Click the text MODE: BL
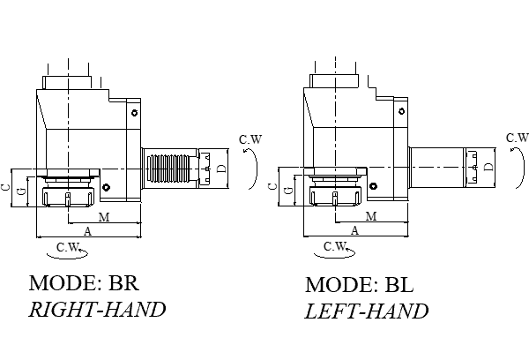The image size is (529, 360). coord(359,286)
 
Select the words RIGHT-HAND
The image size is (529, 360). coord(97,310)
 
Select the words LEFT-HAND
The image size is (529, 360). coord(367,311)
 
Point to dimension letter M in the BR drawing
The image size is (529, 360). coord(103,216)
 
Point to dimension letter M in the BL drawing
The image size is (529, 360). coord(370,216)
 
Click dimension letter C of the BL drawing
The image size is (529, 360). coord(272,187)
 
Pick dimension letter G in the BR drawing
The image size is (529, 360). coord(22,192)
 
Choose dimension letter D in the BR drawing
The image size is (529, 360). coord(221,168)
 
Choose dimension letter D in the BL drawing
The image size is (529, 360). coord(488,167)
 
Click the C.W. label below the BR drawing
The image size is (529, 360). coord(67,246)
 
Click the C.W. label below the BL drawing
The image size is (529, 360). coord(334,246)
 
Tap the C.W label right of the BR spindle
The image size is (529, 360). coord(250,139)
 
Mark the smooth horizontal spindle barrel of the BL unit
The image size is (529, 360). coord(436,167)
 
